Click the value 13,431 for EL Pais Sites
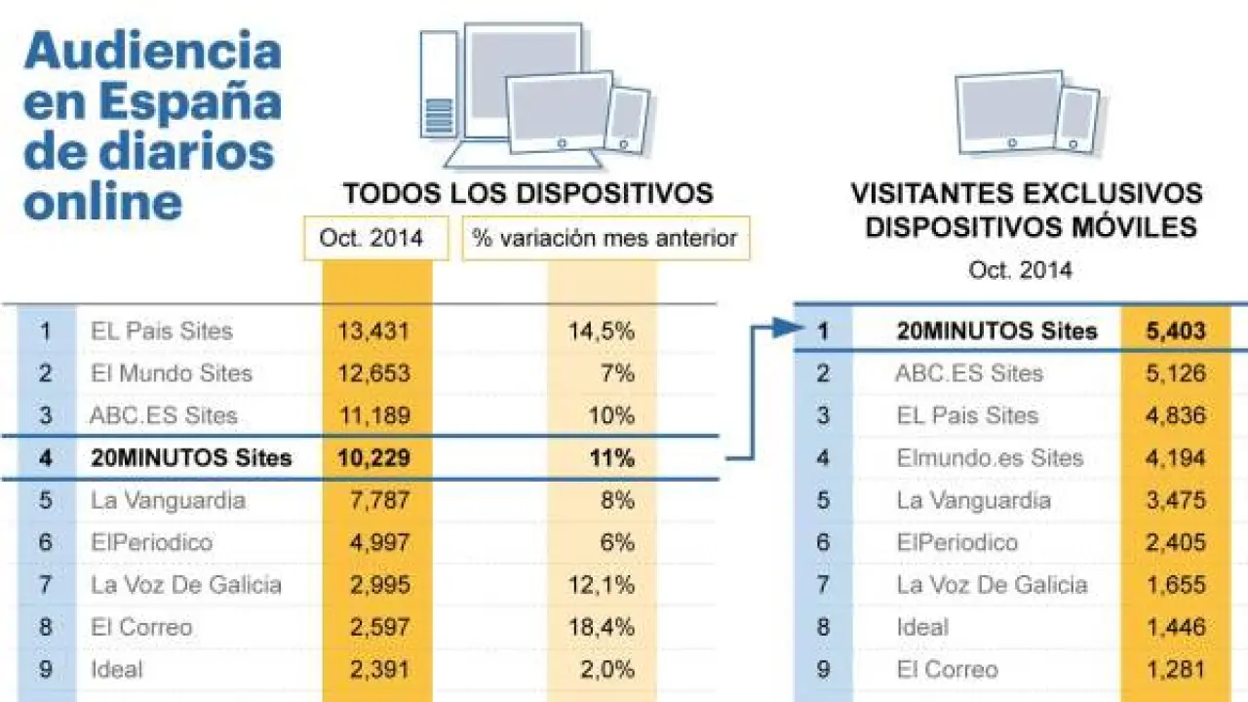click(373, 331)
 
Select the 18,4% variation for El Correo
click(601, 627)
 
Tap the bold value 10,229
click(373, 457)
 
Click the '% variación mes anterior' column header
click(605, 238)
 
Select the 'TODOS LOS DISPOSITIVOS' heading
click(527, 193)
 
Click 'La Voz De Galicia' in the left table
click(185, 585)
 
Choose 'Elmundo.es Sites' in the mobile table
click(989, 457)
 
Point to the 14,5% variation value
click(601, 331)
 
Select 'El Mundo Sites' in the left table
click(171, 373)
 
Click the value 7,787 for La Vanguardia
click(373, 500)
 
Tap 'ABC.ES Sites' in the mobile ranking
click(968, 373)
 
